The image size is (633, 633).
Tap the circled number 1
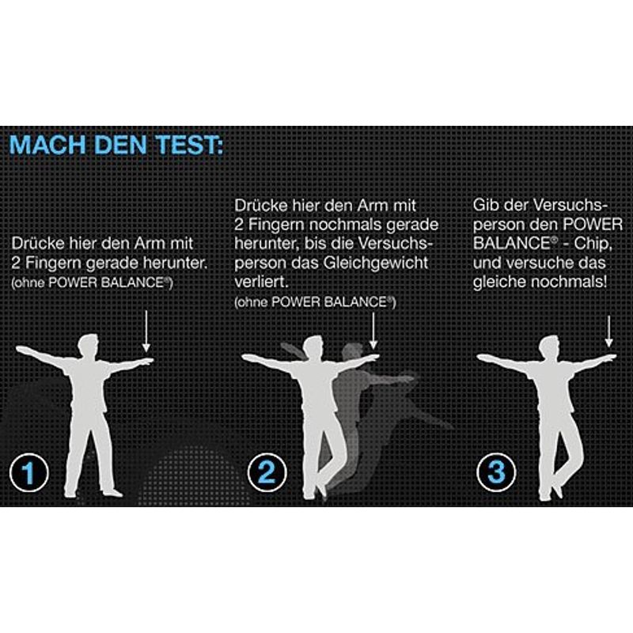pyautogui.click(x=29, y=472)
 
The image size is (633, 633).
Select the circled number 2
pyautogui.click(x=267, y=472)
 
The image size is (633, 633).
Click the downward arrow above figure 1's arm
pyautogui.click(x=146, y=331)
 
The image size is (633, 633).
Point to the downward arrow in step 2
pyautogui.click(x=373, y=331)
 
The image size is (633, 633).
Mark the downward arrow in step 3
pyautogui.click(x=608, y=332)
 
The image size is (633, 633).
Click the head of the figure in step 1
pyautogui.click(x=89, y=345)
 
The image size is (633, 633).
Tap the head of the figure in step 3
pyautogui.click(x=549, y=347)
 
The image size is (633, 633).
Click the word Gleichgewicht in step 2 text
pyautogui.click(x=375, y=263)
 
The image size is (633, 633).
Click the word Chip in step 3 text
pyautogui.click(x=590, y=244)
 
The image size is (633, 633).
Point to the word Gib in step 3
pyautogui.click(x=484, y=205)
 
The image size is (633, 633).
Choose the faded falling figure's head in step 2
pyautogui.click(x=351, y=353)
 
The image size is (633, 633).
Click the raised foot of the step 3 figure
pyautogui.click(x=558, y=491)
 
